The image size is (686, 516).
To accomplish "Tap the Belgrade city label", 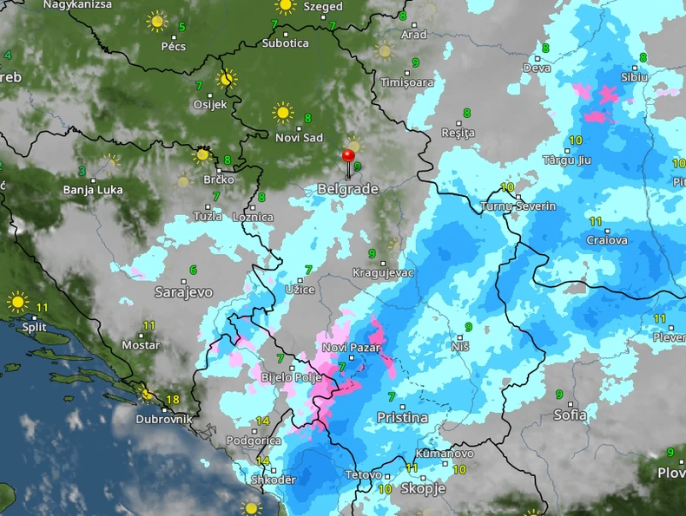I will tap(347, 188).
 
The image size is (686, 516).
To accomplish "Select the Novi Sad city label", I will tap(299, 138).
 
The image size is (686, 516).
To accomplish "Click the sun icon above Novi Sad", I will tap(282, 112).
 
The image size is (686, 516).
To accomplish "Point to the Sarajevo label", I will tap(183, 291).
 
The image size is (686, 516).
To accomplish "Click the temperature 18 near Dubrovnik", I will tap(172, 400).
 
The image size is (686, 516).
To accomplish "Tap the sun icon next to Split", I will tap(17, 303).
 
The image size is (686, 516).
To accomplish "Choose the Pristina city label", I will tap(402, 417).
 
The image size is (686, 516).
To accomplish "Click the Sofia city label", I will tap(571, 415).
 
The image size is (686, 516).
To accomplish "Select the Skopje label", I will tap(423, 488).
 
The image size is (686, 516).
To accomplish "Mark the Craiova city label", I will tap(606, 240).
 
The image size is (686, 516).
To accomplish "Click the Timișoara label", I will tap(406, 82).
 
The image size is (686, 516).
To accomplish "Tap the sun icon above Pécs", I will tap(156, 21).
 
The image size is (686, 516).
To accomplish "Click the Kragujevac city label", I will tap(383, 272).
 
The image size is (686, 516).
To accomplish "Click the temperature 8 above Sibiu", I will tap(643, 58).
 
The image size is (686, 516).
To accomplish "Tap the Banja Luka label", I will tap(90, 189).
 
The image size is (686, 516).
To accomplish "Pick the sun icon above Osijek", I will tap(227, 79).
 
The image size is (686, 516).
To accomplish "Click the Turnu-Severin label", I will tap(518, 206).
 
